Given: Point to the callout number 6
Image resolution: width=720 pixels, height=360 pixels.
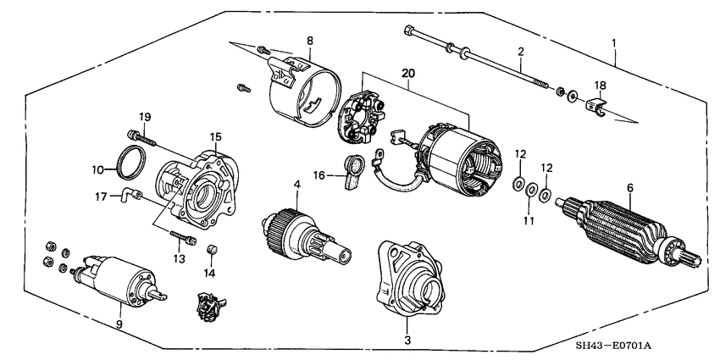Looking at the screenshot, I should [629, 187].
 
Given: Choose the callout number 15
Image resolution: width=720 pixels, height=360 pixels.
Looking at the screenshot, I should [216, 136].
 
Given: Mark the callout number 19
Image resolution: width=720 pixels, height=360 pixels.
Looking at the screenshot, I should [145, 116].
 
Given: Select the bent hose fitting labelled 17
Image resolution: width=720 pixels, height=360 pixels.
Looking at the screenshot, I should [127, 198].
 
